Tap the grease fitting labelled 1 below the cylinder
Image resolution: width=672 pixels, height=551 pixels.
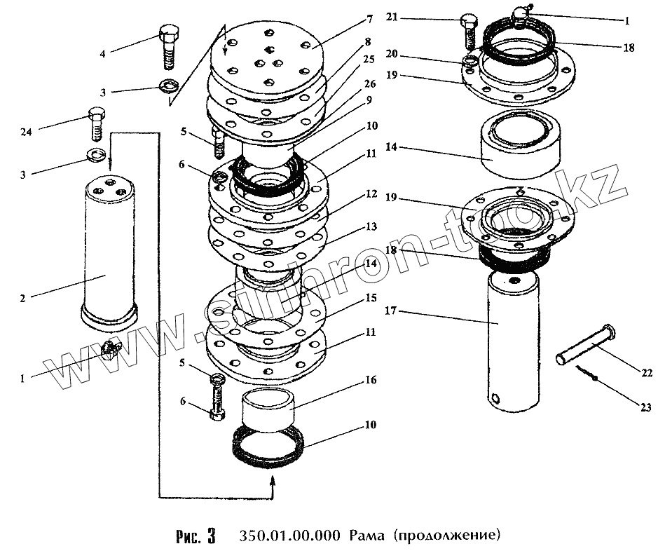(x=111, y=348)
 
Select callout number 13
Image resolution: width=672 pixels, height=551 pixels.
(x=370, y=226)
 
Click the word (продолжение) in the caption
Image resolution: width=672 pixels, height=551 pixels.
(x=446, y=536)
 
